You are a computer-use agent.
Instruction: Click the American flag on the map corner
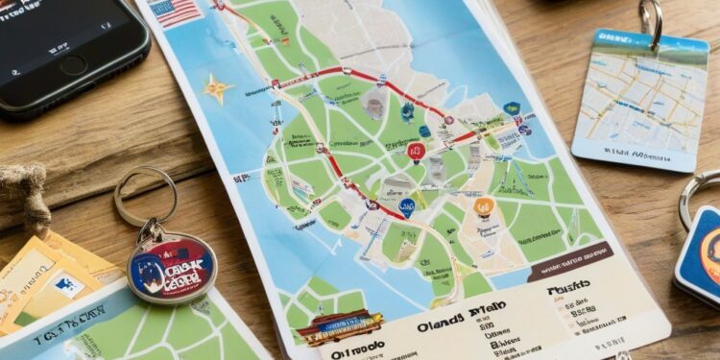coord(176,12)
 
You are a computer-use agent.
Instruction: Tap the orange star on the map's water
coord(218,88)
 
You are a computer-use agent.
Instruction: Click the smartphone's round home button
coord(73,65)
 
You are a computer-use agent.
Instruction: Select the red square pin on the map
coord(415,152)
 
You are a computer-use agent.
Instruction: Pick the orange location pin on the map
coord(484,206)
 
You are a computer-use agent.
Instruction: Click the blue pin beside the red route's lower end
coord(408,206)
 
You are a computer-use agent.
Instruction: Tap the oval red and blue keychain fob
coord(172,267)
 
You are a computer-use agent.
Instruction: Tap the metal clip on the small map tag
coord(653,21)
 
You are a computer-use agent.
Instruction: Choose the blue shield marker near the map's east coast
coord(512,108)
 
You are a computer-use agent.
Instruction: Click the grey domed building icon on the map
coord(375,106)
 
